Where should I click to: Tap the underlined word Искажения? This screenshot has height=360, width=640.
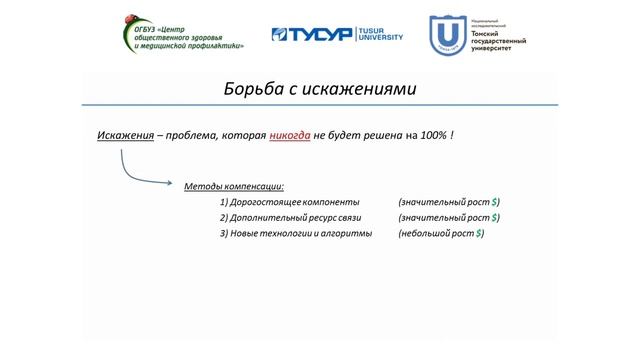[x=124, y=135]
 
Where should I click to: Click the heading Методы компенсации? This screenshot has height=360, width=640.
[x=234, y=186]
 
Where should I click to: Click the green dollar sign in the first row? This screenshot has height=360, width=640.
[x=495, y=202]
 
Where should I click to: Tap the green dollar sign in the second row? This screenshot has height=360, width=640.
[x=495, y=217]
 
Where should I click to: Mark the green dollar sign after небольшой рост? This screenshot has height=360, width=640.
[x=480, y=233]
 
